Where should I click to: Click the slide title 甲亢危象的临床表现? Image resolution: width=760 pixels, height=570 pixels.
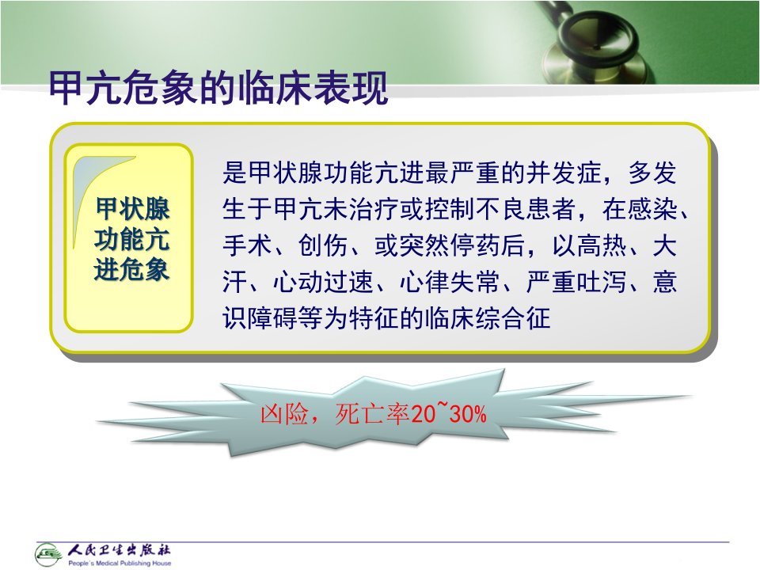tap(218, 88)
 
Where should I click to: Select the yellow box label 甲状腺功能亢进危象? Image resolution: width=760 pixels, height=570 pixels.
tap(131, 239)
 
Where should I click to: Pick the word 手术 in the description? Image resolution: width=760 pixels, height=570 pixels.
tap(248, 245)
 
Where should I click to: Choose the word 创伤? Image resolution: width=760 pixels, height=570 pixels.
tap(323, 245)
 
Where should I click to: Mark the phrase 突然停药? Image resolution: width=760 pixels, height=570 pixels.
tap(450, 245)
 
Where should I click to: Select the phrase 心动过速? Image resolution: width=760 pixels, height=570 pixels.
tap(324, 282)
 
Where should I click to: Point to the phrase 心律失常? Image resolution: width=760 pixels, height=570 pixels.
tap(450, 282)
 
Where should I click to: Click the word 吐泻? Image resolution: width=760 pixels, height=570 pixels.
tap(602, 282)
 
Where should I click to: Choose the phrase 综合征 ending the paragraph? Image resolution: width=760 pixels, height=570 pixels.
tap(513, 318)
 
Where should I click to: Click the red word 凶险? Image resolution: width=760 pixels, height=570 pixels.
tap(284, 414)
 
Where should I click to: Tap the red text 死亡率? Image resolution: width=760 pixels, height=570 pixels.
tap(372, 414)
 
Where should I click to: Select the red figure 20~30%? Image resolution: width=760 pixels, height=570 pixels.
tap(448, 413)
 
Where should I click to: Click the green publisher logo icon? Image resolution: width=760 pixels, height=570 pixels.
tap(48, 554)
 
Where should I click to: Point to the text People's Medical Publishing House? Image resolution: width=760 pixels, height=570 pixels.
tap(120, 563)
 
